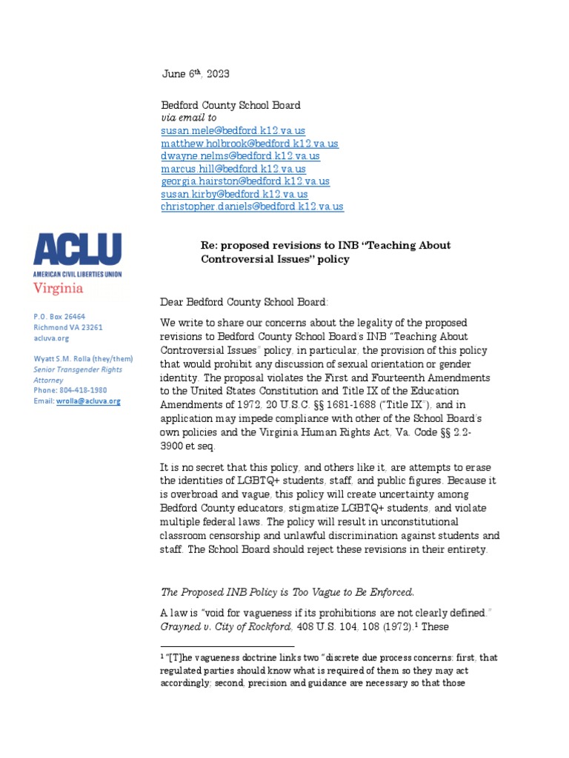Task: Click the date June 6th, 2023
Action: coord(196,73)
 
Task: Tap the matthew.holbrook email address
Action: coord(249,144)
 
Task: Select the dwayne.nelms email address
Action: coord(240,156)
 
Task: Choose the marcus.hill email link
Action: coord(233,169)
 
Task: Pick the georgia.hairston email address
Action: coord(245,181)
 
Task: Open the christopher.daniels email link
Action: coord(252,207)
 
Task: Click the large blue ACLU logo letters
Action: coord(78,249)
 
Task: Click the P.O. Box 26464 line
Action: coord(59,316)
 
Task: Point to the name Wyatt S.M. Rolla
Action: coord(67,358)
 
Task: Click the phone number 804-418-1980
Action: coord(84,390)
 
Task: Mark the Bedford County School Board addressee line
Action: coord(230,106)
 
